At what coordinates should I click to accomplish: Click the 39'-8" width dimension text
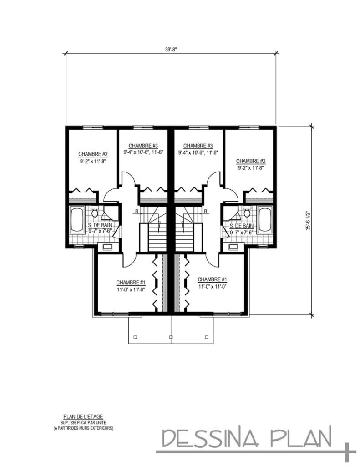tap(171, 50)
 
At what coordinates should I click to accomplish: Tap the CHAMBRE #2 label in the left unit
tap(92, 154)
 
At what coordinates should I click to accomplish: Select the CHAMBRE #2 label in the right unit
tap(250, 161)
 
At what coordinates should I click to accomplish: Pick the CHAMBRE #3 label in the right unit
tap(198, 146)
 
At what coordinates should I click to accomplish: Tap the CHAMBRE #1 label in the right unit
tap(212, 279)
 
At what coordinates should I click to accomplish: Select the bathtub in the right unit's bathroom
tap(264, 220)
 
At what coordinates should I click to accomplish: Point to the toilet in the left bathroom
tap(95, 212)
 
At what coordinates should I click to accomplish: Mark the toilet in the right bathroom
tap(247, 212)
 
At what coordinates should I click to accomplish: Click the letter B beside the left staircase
tap(136, 212)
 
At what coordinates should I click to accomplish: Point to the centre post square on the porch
tap(171, 337)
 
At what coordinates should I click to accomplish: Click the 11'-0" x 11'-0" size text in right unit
tap(212, 287)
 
